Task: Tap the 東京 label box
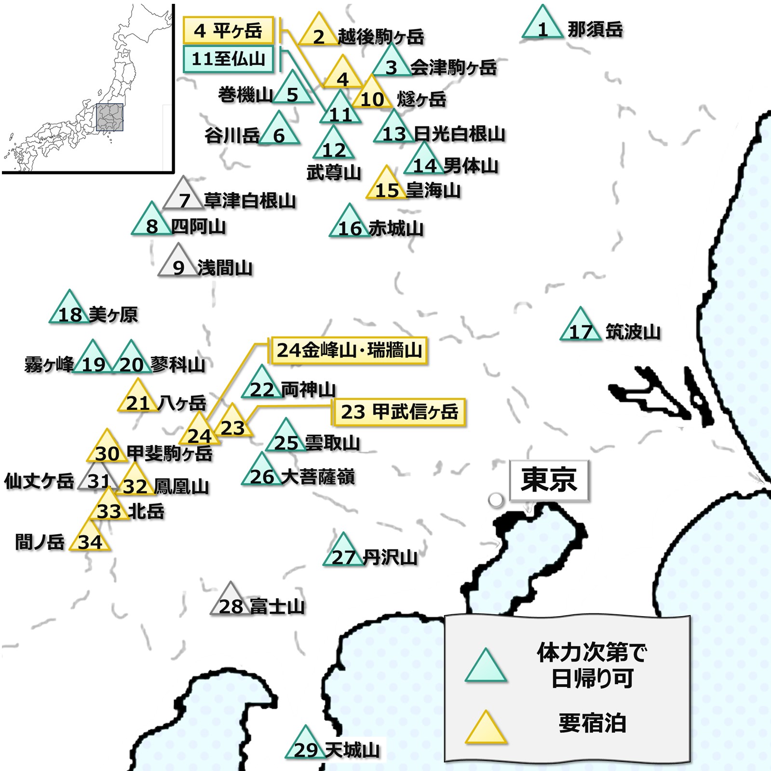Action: (x=549, y=480)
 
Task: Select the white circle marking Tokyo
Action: (x=496, y=500)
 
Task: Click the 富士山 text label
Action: (x=277, y=606)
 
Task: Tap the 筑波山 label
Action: (x=633, y=332)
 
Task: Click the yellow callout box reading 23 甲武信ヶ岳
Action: (x=399, y=412)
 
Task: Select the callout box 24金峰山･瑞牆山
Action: (x=349, y=350)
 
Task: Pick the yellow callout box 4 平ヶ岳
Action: (x=228, y=31)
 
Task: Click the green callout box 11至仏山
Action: (x=228, y=59)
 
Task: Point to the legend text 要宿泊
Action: (x=592, y=723)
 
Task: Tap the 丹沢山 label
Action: (x=390, y=557)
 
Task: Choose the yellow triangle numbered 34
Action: (x=90, y=539)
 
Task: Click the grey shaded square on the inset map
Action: (x=109, y=117)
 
